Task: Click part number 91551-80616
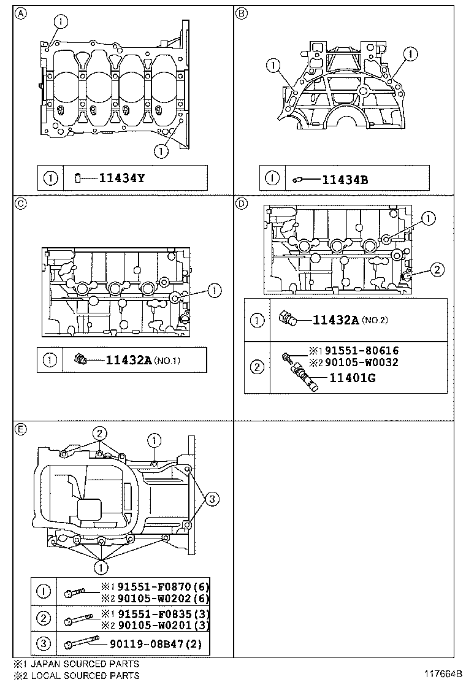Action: tap(361, 351)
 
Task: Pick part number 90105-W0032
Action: tap(361, 362)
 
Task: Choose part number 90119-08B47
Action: tap(151, 645)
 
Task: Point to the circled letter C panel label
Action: tap(20, 205)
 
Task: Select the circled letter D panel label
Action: tap(242, 204)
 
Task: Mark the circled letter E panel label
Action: tap(20, 429)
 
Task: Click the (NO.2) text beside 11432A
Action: tap(375, 320)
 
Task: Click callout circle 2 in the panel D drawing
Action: tap(435, 268)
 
